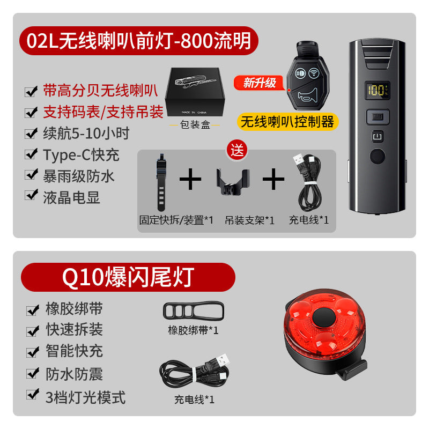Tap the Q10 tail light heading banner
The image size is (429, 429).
tap(128, 277)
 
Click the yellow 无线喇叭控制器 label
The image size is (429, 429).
tap(287, 122)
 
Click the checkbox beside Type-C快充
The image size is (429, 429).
tap(31, 155)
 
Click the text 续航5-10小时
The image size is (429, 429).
tap(86, 133)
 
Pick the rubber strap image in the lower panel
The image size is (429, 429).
tap(193, 311)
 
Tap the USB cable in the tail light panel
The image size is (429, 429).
tap(196, 373)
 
